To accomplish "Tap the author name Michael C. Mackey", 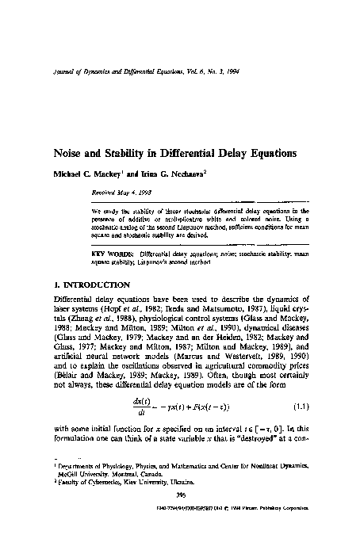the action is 83,172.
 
